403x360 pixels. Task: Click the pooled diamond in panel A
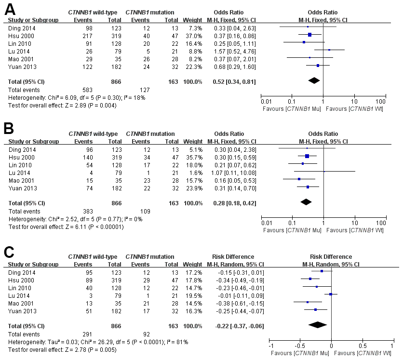(x=314, y=80)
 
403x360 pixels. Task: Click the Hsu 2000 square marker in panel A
(x=310, y=35)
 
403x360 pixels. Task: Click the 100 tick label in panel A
(x=381, y=101)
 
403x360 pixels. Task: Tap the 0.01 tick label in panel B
(x=266, y=224)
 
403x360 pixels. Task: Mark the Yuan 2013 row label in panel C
(x=21, y=310)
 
